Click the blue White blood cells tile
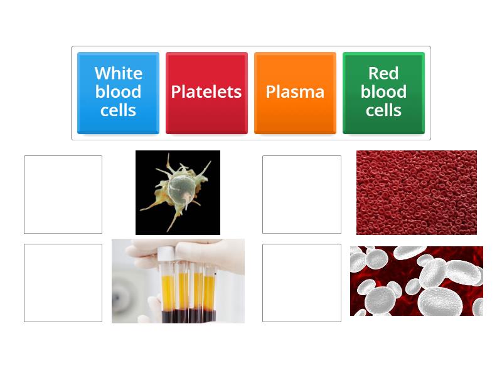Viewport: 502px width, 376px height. tap(118, 92)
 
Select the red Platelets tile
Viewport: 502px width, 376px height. tap(206, 92)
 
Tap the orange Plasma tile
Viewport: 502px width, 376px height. tap(295, 92)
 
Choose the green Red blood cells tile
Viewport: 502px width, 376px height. tap(383, 92)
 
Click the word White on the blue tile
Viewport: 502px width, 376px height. tap(118, 73)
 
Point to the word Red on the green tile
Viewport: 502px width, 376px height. tap(383, 73)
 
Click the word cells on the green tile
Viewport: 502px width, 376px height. tap(383, 110)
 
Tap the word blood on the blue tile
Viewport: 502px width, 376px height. tap(118, 91)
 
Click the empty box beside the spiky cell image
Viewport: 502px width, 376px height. tap(63, 194)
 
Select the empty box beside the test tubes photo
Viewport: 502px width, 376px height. tap(63, 283)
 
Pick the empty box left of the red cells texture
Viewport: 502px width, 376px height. tap(302, 194)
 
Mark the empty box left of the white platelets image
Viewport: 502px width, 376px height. tap(302, 283)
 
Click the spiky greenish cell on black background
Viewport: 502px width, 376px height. tap(178, 192)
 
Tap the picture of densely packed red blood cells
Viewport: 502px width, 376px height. tap(417, 192)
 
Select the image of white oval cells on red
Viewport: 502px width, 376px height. tap(417, 281)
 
